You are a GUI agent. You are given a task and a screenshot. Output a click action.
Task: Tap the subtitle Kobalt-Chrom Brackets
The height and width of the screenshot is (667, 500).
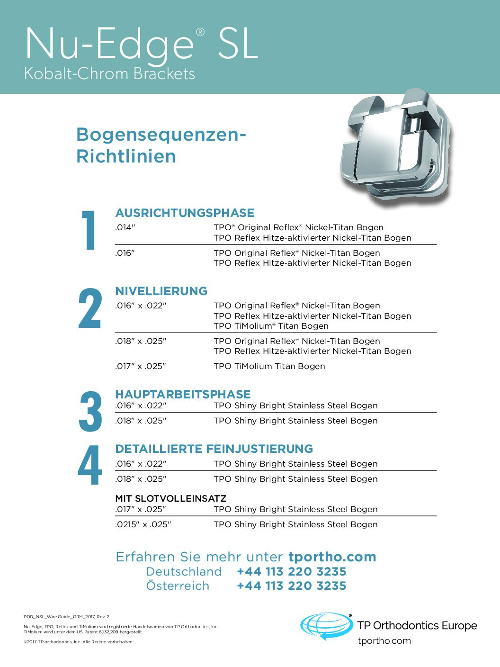point(109,74)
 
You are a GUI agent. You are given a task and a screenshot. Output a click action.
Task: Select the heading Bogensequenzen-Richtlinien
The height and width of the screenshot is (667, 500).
point(161,145)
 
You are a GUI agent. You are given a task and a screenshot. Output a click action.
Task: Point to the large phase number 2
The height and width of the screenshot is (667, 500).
point(90,308)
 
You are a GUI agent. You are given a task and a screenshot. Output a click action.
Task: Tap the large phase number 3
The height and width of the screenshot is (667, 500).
point(90,412)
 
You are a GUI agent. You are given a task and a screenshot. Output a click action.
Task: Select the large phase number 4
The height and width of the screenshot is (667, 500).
point(90,465)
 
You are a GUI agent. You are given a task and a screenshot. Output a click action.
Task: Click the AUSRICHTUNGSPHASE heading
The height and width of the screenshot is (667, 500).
point(185,213)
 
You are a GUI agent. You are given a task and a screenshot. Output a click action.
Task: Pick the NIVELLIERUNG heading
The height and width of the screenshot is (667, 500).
point(161,291)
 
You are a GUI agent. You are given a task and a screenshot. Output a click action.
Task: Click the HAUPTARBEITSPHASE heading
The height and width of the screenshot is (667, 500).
point(183,394)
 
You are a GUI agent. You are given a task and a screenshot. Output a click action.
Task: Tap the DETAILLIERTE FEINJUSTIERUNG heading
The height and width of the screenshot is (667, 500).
point(214,449)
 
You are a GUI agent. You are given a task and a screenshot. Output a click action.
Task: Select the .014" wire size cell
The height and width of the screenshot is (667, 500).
point(125,227)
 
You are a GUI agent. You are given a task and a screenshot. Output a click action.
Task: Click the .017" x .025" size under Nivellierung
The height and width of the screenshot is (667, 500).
point(141,366)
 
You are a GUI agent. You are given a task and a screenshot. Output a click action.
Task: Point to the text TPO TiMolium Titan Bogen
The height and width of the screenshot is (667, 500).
point(269,366)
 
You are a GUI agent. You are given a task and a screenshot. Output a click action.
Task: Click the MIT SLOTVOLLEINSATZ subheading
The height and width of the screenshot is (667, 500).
point(171,498)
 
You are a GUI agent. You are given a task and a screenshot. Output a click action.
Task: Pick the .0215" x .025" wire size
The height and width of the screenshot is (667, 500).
point(143,524)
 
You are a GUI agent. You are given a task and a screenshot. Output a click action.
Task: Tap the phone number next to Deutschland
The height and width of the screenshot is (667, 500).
point(292,571)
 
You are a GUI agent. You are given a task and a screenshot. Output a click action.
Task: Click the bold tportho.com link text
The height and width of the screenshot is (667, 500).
point(332,557)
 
